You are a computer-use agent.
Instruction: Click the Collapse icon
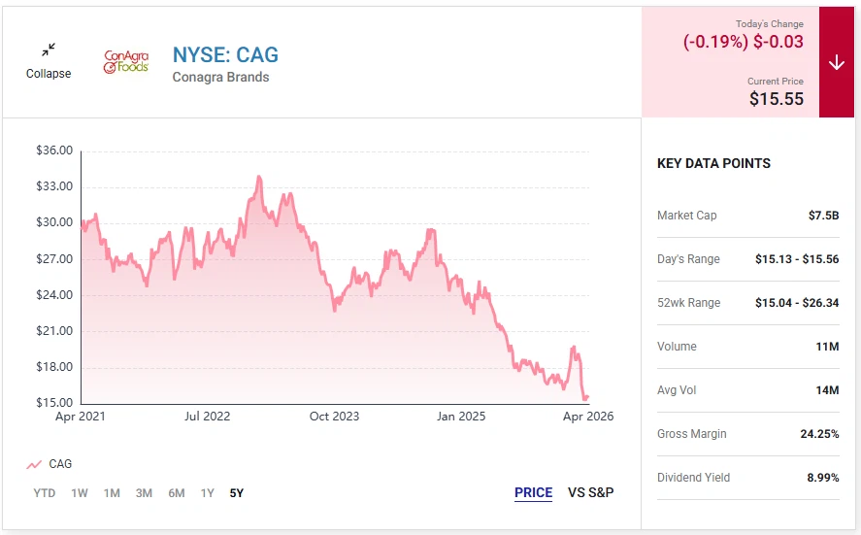point(49,50)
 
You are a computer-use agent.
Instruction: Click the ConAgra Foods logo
point(126,62)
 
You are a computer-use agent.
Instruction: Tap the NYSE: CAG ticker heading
point(225,54)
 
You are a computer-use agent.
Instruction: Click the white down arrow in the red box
point(837,62)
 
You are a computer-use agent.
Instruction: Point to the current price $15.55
point(777,98)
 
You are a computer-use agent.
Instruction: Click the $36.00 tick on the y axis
point(53,150)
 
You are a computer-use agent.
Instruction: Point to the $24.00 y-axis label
point(53,295)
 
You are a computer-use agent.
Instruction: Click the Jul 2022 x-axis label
point(208,417)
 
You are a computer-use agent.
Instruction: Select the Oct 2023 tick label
point(334,417)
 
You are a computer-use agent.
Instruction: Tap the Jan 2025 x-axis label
point(461,417)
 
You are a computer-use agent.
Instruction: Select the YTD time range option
point(45,493)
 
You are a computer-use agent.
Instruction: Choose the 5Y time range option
point(237,493)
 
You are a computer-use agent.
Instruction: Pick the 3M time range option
point(144,493)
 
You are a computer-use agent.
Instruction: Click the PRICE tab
point(533,492)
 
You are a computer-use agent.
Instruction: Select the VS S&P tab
point(591,492)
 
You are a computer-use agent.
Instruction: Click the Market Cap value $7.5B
point(823,216)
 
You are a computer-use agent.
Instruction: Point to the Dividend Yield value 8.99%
point(819,478)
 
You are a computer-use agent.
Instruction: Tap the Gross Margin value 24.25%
point(819,434)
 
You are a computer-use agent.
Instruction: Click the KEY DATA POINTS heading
point(713,163)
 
